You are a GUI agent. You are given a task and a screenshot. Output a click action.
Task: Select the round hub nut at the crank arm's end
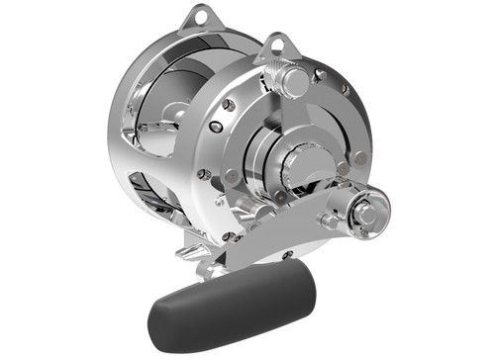363,212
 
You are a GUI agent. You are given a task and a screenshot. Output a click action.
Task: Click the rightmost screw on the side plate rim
361,157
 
